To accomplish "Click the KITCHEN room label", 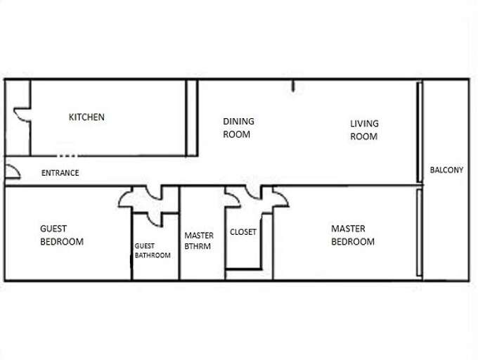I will (x=86, y=117).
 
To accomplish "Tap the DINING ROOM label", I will (x=238, y=127).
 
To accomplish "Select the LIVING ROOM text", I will (x=364, y=130).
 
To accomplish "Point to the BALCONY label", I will (x=446, y=170).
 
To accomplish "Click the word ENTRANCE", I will (x=60, y=173).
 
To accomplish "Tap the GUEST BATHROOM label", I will (x=153, y=250).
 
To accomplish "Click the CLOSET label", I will (x=243, y=231).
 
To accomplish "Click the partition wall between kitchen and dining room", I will (x=190, y=117).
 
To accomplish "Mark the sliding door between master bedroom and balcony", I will (x=419, y=233).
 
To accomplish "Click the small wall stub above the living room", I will (x=292, y=87).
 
